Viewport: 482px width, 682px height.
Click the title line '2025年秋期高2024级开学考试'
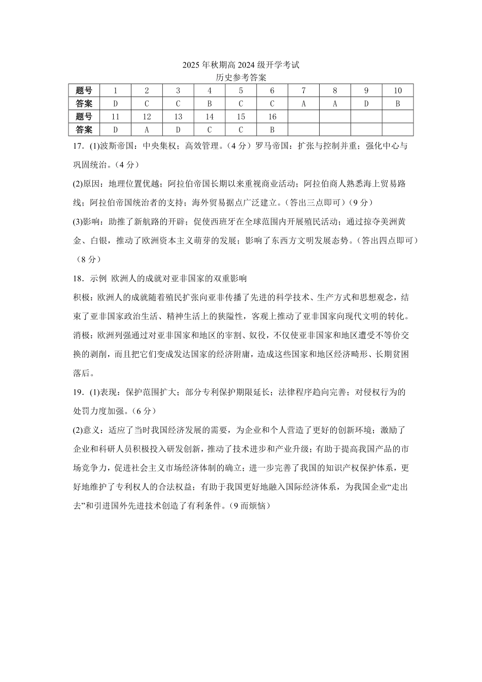tap(241, 65)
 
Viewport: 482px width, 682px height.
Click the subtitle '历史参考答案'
tap(241, 78)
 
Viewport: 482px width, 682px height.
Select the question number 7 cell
tap(303, 91)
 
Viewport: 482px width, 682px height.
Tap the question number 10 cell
tap(397, 91)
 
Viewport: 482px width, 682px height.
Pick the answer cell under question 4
tap(210, 104)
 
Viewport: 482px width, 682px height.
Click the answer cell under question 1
tap(115, 104)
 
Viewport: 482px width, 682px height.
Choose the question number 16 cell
tap(272, 117)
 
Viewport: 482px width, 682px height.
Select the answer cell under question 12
tap(147, 130)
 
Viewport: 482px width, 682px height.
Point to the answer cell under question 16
tap(272, 130)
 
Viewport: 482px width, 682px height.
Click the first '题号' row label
tap(84, 91)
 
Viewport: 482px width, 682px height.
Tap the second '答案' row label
tap(84, 130)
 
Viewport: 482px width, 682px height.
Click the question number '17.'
tap(78, 146)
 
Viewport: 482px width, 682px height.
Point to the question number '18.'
tap(78, 278)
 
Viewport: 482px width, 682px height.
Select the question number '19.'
tap(78, 392)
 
